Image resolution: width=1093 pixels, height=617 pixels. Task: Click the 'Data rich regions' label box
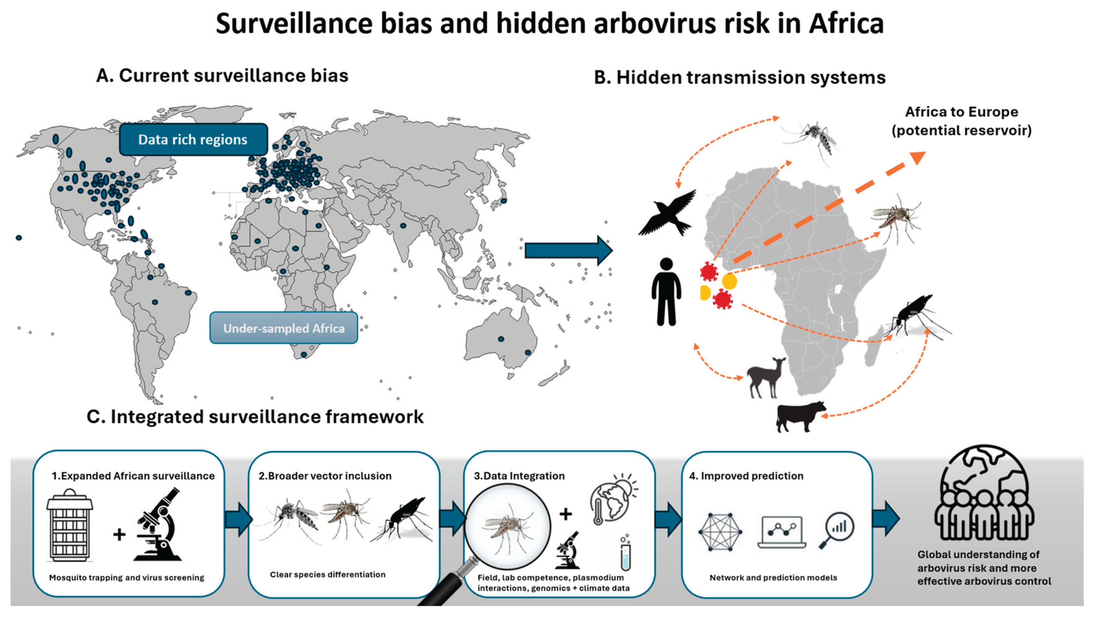193,140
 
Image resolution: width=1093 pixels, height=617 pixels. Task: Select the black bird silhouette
667,213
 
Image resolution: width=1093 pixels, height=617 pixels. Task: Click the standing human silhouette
666,292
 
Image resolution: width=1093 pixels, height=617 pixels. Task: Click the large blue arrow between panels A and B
568,250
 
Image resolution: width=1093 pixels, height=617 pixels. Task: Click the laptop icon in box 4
782,532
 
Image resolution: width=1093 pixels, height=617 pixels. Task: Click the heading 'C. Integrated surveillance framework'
255,417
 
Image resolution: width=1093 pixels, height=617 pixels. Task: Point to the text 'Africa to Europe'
961,112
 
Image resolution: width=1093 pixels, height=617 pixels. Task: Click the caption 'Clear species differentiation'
328,575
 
